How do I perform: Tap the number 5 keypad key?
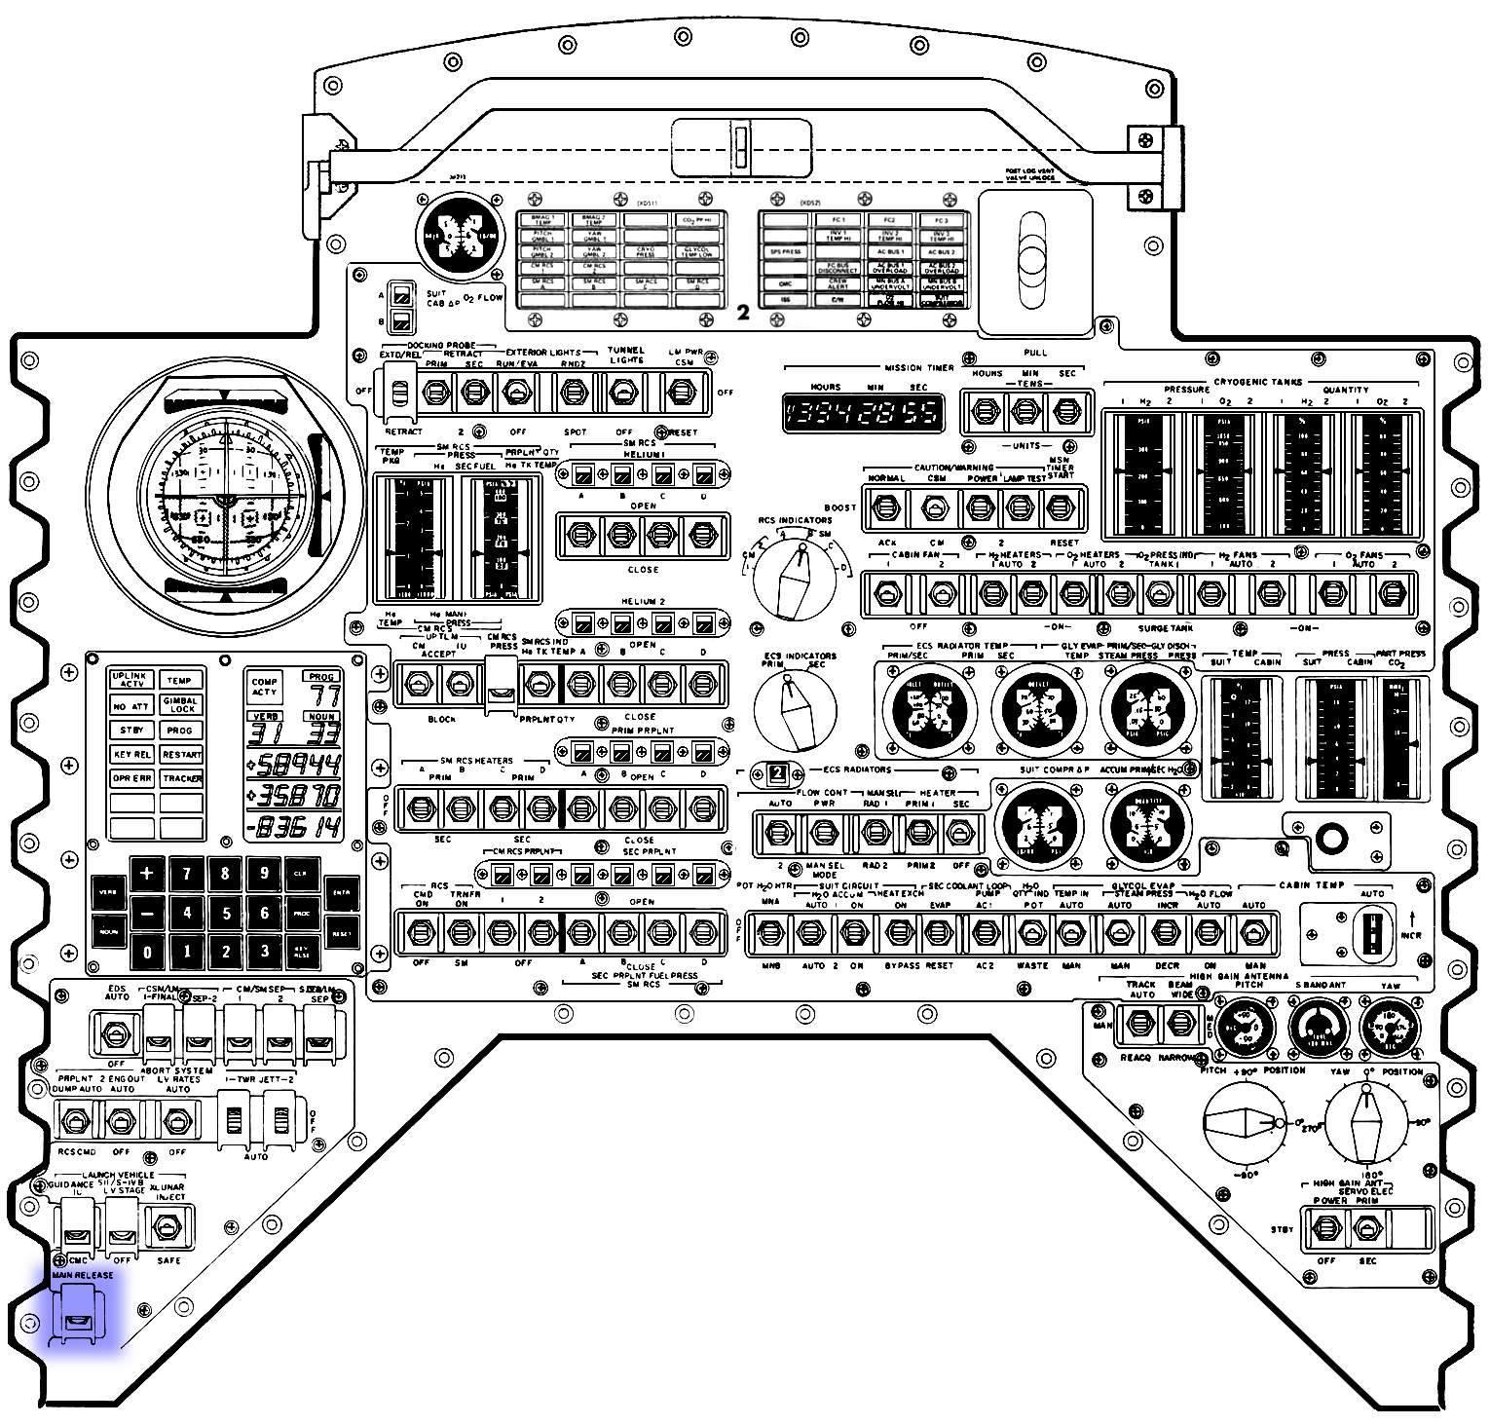coord(226,913)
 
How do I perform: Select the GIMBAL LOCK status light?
coord(181,704)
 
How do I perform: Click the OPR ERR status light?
coord(131,778)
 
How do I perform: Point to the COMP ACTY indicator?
coord(265,687)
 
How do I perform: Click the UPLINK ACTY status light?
coord(131,680)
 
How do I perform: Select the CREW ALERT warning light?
coord(838,283)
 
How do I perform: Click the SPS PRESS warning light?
coord(785,251)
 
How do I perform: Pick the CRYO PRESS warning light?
coord(645,252)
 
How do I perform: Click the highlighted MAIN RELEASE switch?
coord(77,1317)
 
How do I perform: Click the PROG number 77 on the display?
coord(322,695)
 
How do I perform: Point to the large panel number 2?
coord(743,313)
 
